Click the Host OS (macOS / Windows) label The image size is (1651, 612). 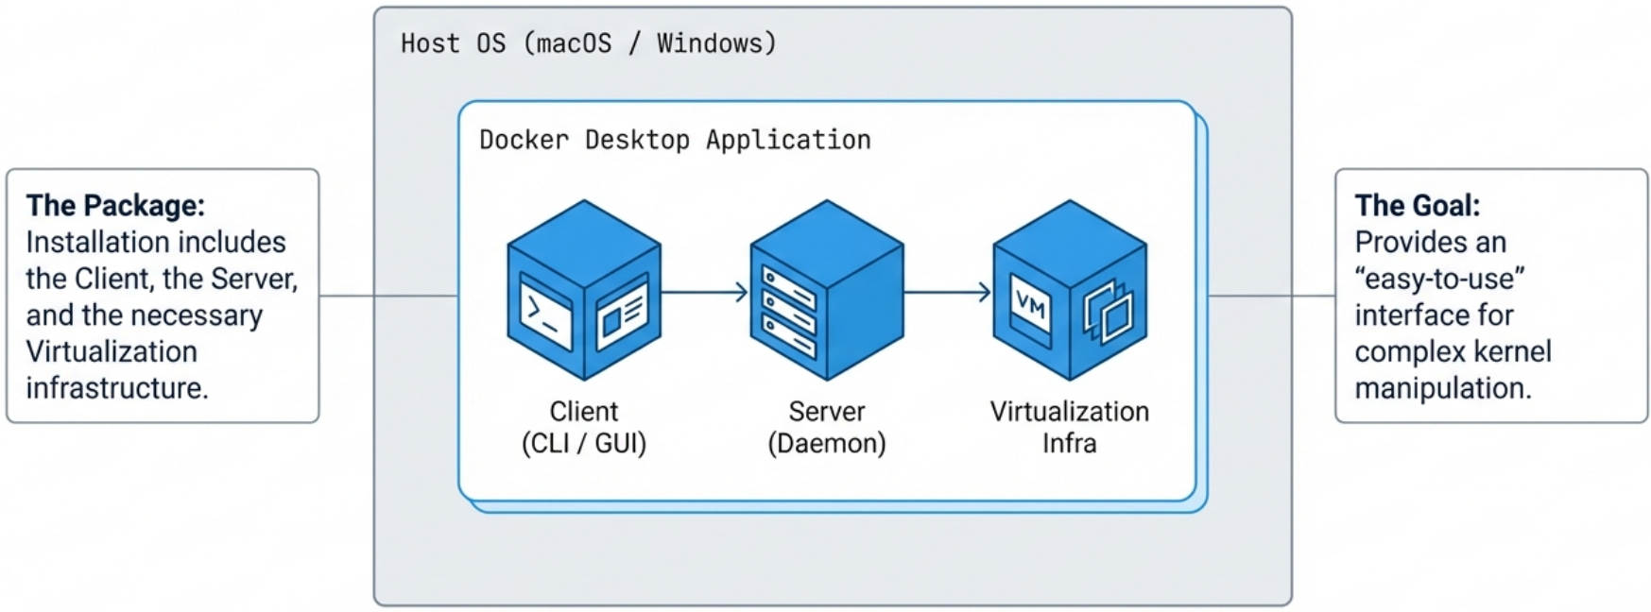(588, 43)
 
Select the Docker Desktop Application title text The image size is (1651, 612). (675, 140)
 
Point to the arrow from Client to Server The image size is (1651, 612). (704, 293)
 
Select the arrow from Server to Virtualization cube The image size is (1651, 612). (947, 293)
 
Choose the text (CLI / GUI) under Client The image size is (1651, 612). (584, 444)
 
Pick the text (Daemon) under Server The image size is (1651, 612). (827, 444)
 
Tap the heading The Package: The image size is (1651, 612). (115, 205)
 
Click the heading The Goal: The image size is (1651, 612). (1417, 205)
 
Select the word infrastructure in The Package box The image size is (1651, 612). (115, 388)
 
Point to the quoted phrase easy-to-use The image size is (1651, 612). (1439, 279)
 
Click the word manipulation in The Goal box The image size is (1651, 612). (1441, 388)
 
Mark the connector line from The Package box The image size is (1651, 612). (387, 296)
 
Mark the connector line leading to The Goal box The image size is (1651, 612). (1271, 296)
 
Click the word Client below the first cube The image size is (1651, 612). (584, 412)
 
